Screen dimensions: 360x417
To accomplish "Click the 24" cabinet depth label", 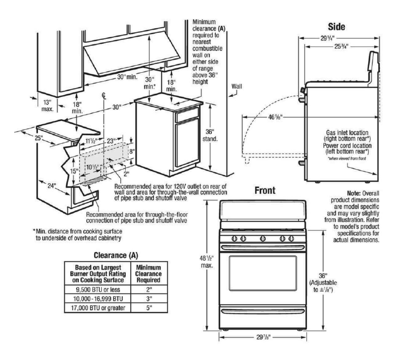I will (51, 186).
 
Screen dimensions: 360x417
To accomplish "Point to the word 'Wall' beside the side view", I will (236, 86).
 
